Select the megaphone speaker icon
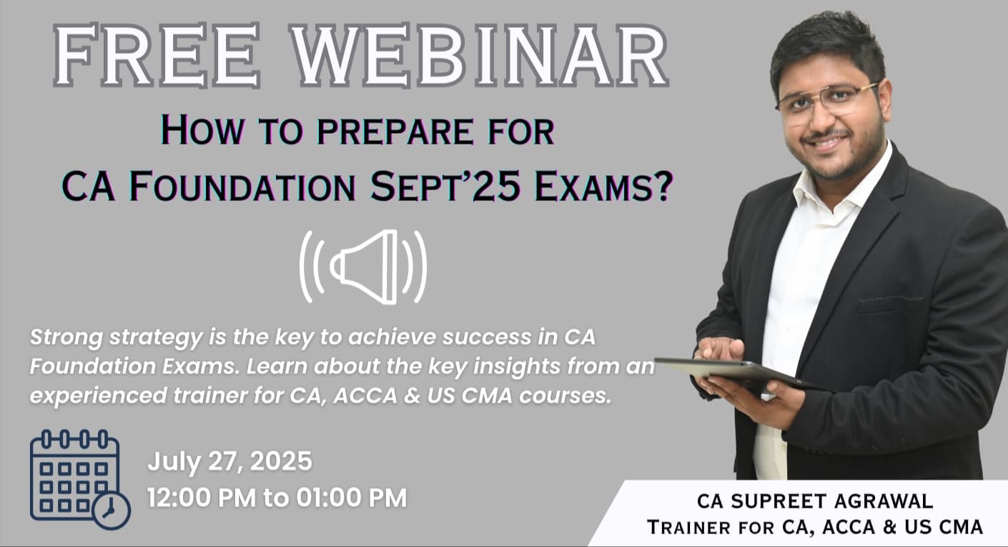tap(363, 267)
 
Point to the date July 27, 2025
tap(229, 461)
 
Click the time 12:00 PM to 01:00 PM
tap(277, 497)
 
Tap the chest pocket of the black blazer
tap(891, 305)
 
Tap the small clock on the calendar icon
tap(112, 510)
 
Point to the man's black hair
tap(822, 43)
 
